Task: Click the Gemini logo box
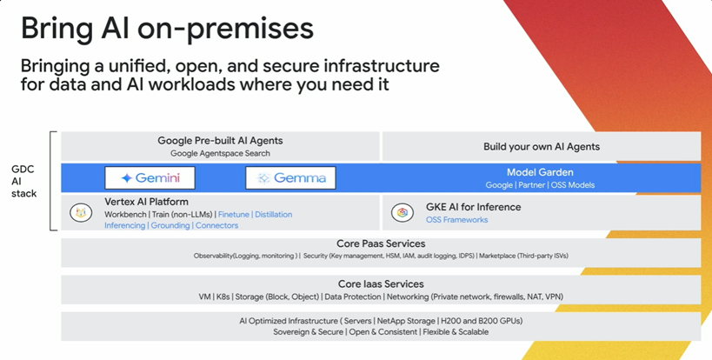click(150, 177)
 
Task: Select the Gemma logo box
click(290, 177)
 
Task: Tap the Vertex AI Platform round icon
click(81, 212)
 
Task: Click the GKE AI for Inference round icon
click(403, 212)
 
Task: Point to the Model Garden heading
click(540, 172)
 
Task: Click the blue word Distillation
click(273, 214)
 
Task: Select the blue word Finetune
click(234, 214)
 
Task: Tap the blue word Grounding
click(170, 225)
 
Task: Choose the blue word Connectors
click(216, 225)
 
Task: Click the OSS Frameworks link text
click(456, 220)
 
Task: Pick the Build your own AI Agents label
click(542, 147)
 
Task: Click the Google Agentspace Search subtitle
click(220, 153)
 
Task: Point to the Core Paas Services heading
click(381, 243)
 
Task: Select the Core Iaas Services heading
click(381, 284)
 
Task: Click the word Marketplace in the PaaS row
click(497, 256)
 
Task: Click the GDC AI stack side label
click(23, 181)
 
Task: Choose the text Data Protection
click(353, 297)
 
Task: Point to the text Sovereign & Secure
click(309, 332)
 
